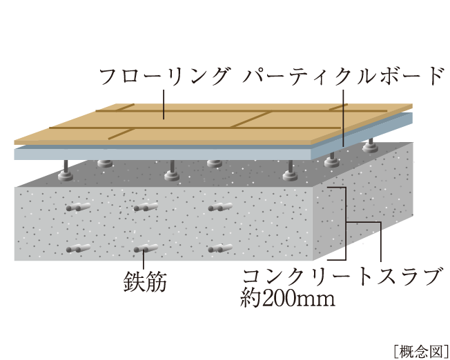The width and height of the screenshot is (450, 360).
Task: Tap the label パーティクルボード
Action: coord(343,77)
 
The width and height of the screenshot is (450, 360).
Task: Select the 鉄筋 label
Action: coord(145,281)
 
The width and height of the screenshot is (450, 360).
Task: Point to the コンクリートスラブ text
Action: coord(342,277)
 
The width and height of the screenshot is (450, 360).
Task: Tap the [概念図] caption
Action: coord(421,350)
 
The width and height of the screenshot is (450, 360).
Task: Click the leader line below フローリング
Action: coord(164,104)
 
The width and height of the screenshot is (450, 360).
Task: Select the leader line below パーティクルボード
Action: coord(343,119)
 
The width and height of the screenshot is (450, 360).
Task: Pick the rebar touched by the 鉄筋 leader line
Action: coord(146,248)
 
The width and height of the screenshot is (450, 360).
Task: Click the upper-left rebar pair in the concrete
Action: coord(79,207)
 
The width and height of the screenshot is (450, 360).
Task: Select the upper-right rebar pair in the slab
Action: coord(220,207)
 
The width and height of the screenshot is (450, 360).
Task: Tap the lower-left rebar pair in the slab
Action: coord(79,248)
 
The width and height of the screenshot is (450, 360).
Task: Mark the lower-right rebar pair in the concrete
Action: coord(220,248)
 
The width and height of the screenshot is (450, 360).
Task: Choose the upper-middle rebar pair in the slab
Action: coord(146,207)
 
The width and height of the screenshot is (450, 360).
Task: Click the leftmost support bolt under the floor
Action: coord(66,170)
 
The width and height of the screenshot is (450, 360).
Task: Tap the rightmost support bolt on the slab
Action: coord(370,146)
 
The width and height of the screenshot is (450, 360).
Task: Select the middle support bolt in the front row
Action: coord(172,170)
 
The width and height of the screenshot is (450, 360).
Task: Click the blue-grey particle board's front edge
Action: coord(164,154)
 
